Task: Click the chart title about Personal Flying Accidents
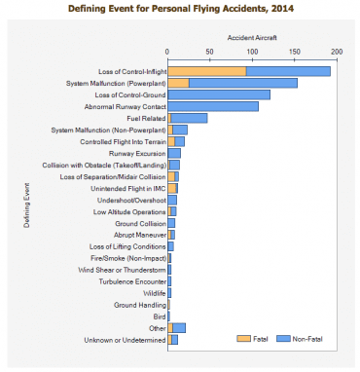pyautogui.click(x=180, y=8)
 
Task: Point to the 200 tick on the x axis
pyautogui.click(x=337, y=51)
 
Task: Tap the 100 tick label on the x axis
pyautogui.click(x=252, y=51)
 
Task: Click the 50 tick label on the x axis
pyautogui.click(x=210, y=51)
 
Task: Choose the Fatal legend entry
pyautogui.click(x=259, y=338)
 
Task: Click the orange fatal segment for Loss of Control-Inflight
pyautogui.click(x=206, y=71)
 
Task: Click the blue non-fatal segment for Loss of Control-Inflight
pyautogui.click(x=288, y=71)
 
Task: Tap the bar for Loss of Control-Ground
pyautogui.click(x=219, y=94)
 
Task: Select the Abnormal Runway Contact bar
pyautogui.click(x=213, y=106)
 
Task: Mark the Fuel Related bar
pyautogui.click(x=188, y=118)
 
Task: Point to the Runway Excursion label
pyautogui.click(x=137, y=153)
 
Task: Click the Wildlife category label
pyautogui.click(x=154, y=292)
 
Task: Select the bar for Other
pyautogui.click(x=176, y=328)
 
